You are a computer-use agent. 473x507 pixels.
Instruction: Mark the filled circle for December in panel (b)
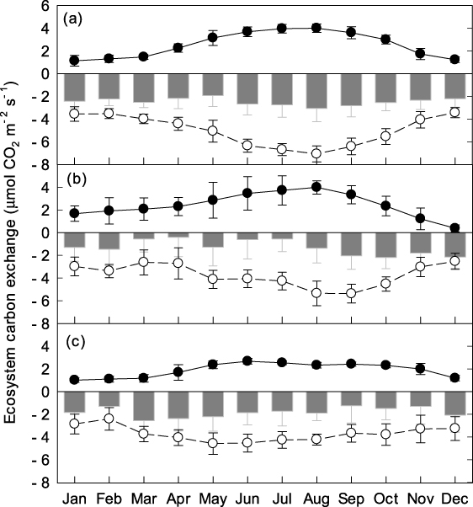click(x=454, y=227)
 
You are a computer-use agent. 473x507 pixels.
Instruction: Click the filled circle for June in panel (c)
click(x=247, y=360)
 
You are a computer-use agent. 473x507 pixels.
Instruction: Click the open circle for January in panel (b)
click(x=74, y=266)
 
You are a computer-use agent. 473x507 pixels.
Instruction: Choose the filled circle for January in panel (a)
click(x=74, y=61)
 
